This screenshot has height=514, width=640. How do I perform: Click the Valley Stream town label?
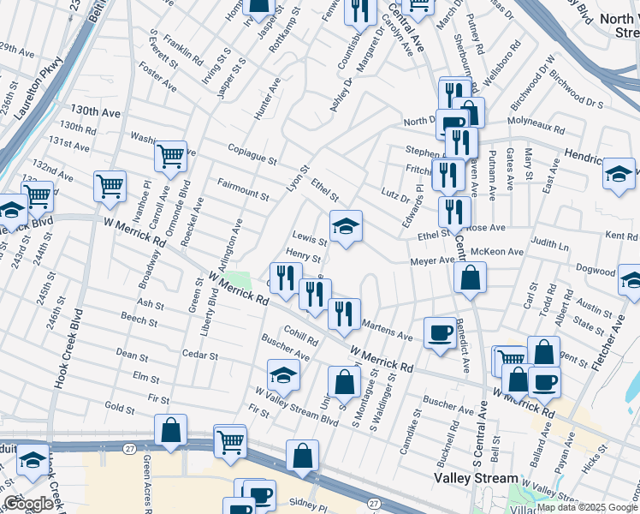[477, 478]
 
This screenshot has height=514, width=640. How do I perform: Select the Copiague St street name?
[252, 155]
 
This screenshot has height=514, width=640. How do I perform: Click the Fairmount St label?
[243, 188]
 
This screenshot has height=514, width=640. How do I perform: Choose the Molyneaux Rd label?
[536, 130]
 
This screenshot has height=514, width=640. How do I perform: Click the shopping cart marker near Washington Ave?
[171, 156]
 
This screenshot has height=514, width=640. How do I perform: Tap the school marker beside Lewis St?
[346, 226]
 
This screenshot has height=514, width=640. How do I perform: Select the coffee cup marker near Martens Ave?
[441, 332]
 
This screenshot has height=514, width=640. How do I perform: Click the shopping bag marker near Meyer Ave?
[470, 277]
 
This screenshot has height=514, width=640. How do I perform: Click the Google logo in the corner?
[28, 504]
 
